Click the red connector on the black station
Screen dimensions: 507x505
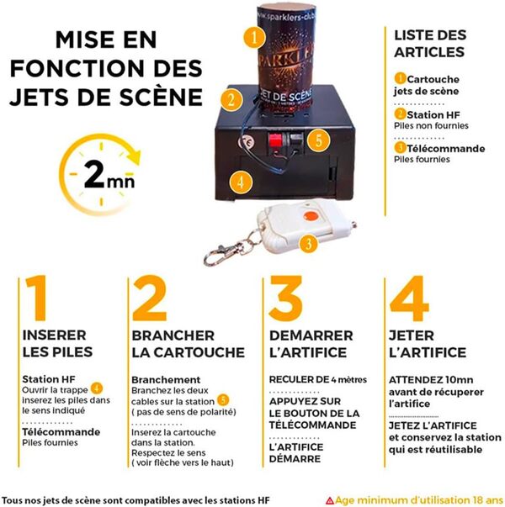275,140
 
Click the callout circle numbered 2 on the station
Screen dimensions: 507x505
228,97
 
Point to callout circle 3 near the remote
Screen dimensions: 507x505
309,244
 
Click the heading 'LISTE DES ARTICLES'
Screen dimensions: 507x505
429,44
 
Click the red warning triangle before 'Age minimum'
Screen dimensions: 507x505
329,499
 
